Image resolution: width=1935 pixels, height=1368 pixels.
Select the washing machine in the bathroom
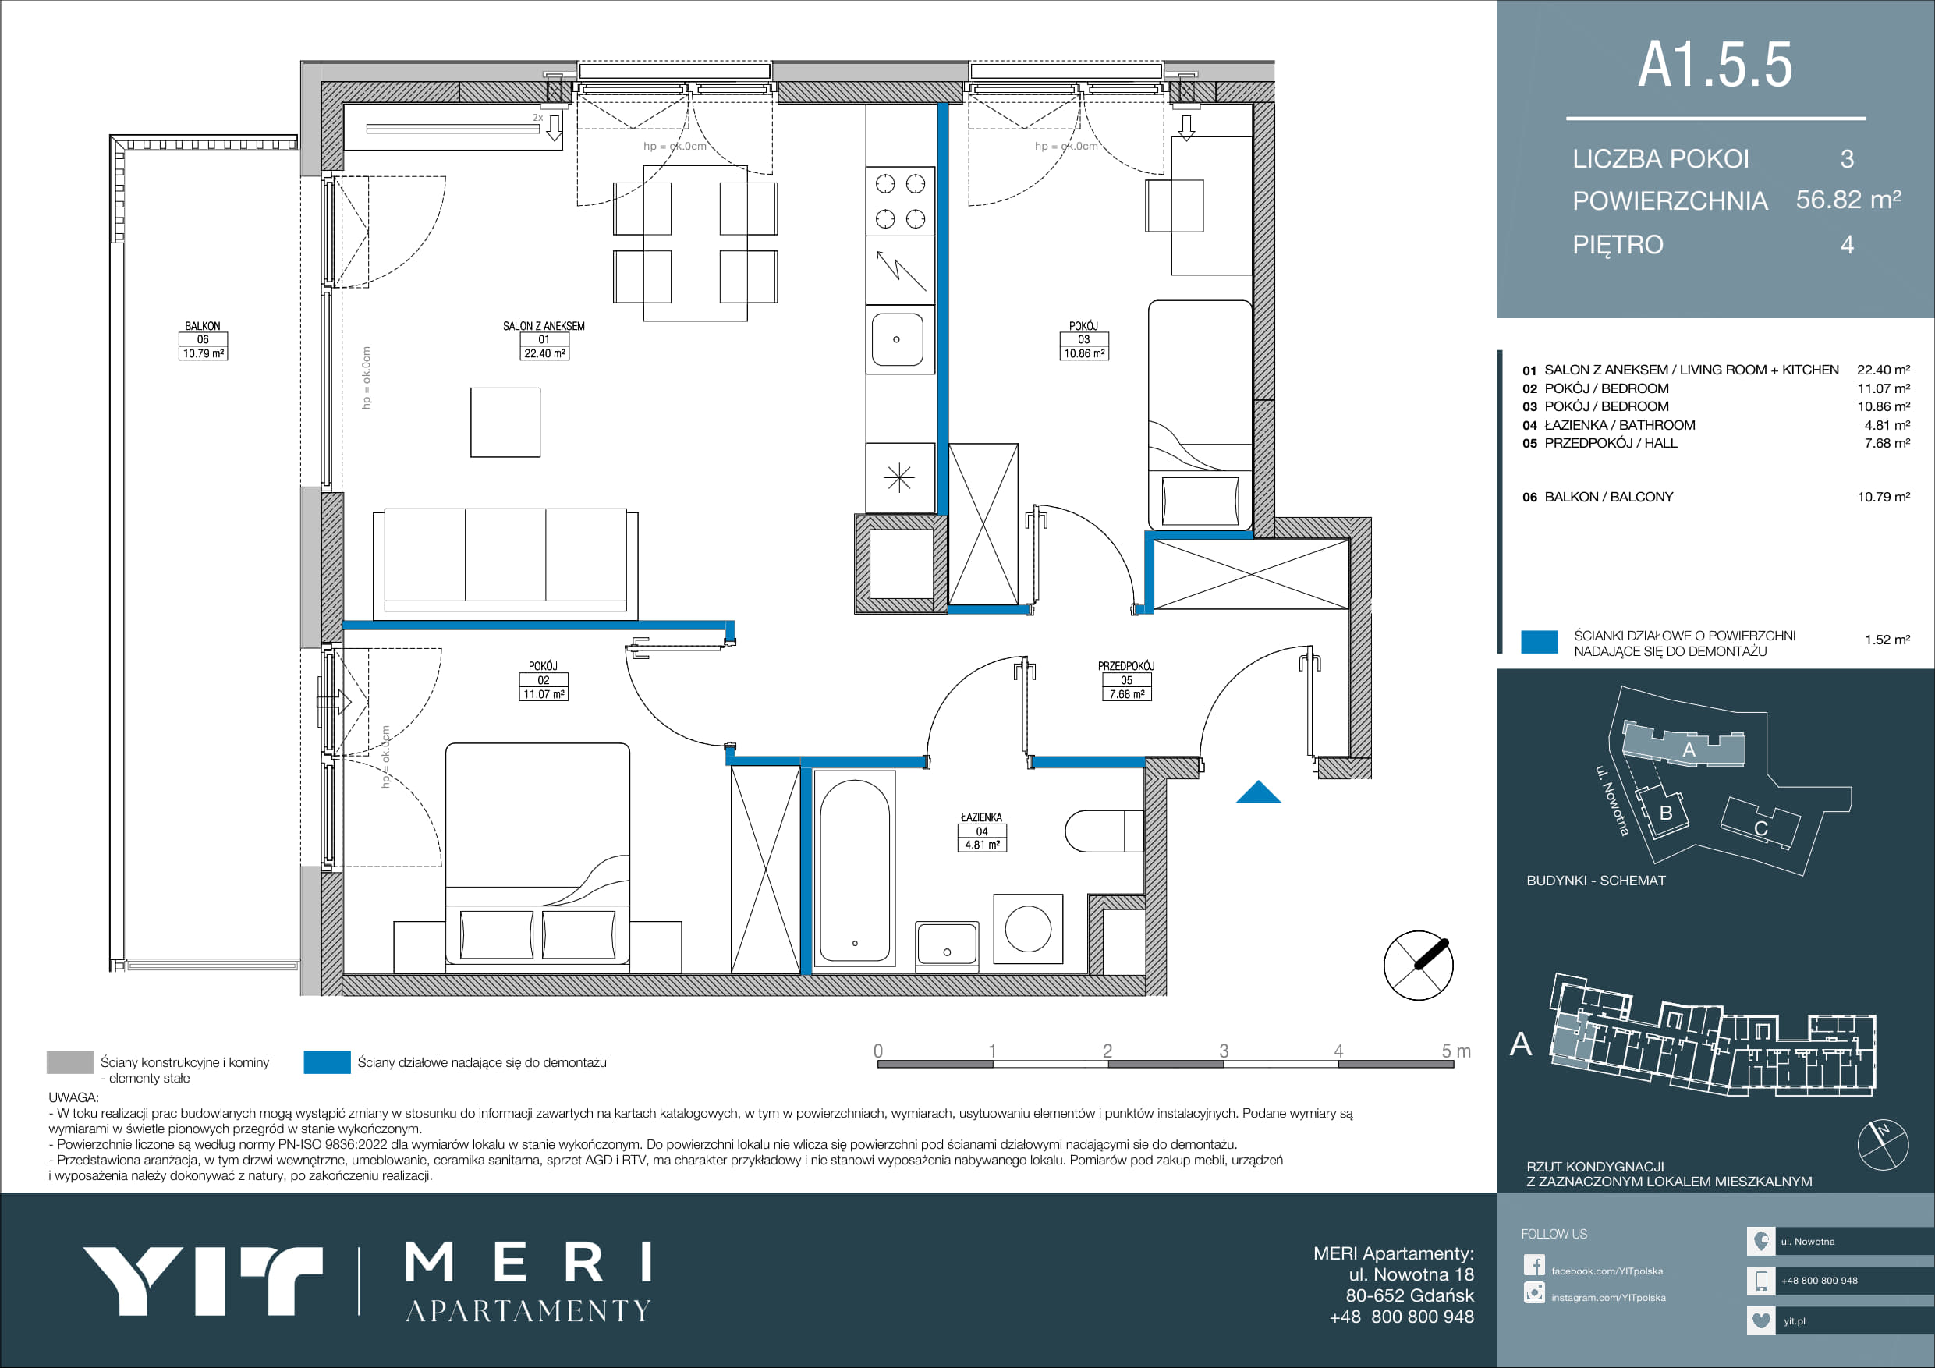click(1027, 928)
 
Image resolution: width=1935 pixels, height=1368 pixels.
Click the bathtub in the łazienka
click(855, 869)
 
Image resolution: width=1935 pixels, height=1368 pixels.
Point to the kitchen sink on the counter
click(897, 338)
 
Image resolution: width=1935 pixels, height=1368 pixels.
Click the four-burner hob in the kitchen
click(900, 201)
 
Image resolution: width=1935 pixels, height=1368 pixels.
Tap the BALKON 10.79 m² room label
click(203, 340)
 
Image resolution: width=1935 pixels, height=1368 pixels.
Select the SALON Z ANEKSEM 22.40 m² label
click(544, 340)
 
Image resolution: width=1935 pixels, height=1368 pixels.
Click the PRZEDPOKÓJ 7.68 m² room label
click(1126, 680)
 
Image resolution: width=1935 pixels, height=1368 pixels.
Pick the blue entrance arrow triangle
click(1258, 793)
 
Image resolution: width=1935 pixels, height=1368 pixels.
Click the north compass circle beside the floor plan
click(1419, 965)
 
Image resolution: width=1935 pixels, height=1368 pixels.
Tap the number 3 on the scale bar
click(1224, 1051)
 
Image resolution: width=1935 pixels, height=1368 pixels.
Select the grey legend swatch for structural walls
click(70, 1062)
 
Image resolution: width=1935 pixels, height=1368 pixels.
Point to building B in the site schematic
click(1663, 812)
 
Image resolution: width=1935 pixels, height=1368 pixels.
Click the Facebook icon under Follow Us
click(1534, 1265)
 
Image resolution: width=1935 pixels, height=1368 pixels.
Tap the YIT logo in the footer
click(202, 1281)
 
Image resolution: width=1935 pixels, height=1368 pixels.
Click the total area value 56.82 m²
click(1848, 200)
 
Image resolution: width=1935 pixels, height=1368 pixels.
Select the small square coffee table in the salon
click(505, 422)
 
